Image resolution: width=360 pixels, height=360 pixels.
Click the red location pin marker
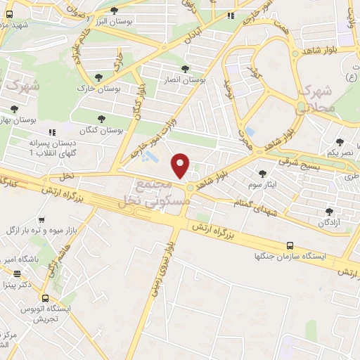(x=181, y=165)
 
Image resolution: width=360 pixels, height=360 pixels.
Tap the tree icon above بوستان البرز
(x=115, y=11)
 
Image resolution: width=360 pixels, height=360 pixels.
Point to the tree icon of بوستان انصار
(x=184, y=69)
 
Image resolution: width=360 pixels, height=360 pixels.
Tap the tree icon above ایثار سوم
(x=262, y=173)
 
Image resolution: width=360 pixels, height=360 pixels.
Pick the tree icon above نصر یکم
(x=340, y=142)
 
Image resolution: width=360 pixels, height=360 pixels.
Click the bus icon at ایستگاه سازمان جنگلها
(x=290, y=245)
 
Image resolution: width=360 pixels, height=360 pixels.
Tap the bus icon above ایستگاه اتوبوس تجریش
(x=45, y=297)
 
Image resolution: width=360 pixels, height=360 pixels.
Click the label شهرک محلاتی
(x=314, y=100)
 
